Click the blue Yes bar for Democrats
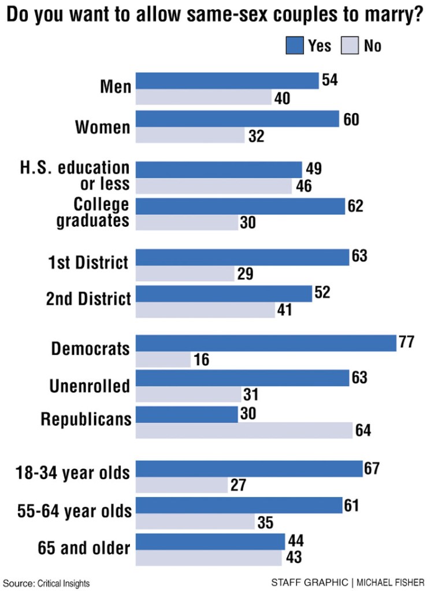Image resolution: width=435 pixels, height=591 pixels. (266, 343)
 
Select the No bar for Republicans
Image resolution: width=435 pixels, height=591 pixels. (244, 431)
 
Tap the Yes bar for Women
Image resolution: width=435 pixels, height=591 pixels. (237, 119)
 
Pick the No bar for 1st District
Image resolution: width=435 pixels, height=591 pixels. (185, 274)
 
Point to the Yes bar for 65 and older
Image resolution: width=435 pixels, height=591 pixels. (210, 542)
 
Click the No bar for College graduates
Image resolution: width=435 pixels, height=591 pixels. (187, 222)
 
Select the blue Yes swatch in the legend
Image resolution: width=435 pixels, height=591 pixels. (295, 45)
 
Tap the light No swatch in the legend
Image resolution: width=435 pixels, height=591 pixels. (351, 45)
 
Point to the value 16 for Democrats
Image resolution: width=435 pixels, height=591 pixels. (202, 360)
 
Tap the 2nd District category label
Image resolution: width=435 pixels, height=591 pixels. (88, 298)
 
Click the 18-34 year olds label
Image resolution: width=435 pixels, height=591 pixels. (73, 473)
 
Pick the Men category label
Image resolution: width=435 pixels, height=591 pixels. (116, 87)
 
